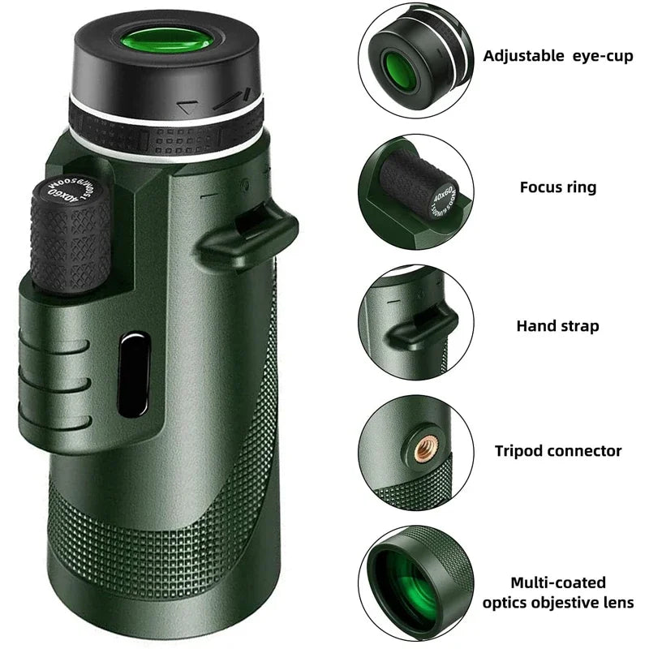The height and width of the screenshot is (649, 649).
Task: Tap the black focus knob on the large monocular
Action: [71, 235]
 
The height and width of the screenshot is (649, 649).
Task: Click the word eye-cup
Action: [600, 56]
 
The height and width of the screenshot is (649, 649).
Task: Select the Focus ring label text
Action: [558, 187]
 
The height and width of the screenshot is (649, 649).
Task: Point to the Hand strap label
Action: [558, 326]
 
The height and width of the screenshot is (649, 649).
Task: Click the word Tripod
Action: [520, 451]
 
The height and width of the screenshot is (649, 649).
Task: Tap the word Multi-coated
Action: [559, 582]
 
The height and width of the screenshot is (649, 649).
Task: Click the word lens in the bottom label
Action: [619, 603]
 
